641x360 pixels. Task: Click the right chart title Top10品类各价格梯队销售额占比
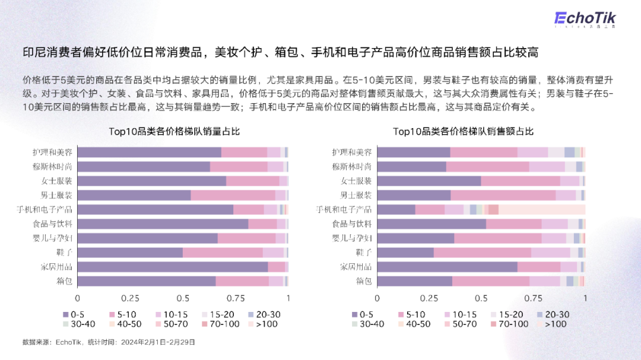(x=464, y=132)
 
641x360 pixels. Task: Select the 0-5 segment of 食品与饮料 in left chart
(x=163, y=224)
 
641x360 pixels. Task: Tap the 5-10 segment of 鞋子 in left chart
(x=223, y=253)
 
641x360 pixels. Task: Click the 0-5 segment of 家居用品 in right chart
(x=448, y=267)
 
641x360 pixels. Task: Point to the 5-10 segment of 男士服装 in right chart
(x=503, y=195)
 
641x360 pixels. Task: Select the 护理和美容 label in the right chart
(x=352, y=152)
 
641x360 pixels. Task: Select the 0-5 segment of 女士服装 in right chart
(x=429, y=181)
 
